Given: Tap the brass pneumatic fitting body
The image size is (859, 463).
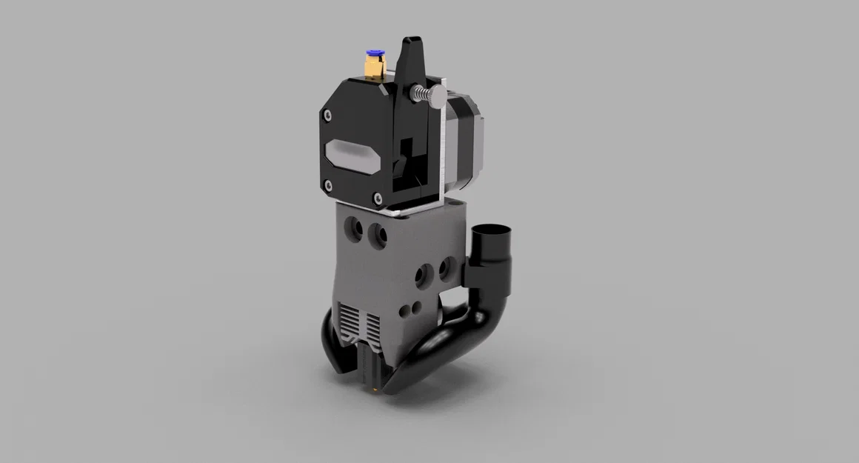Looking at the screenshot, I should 372,68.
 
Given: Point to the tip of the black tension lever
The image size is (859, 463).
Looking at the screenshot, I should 410,40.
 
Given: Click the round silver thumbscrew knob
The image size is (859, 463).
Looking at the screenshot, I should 438,94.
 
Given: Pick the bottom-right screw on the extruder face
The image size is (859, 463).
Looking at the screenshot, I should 380,198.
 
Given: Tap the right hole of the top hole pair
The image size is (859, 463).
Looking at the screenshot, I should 380,229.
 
